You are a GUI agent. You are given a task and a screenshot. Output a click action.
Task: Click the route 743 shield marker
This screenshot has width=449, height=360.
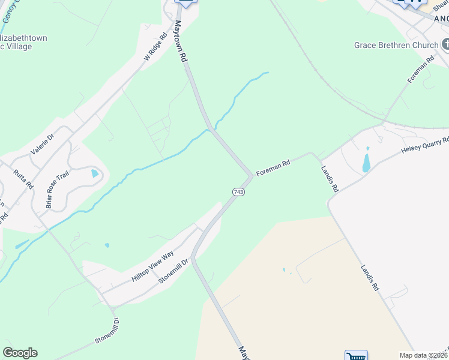click(x=238, y=191)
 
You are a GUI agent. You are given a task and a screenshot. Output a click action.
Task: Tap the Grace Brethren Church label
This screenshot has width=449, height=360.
click(x=396, y=45)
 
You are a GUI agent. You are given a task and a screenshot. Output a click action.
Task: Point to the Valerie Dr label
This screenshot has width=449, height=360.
click(x=42, y=145)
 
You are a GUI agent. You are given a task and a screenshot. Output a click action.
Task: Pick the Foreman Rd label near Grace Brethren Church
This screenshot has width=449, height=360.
click(x=421, y=70)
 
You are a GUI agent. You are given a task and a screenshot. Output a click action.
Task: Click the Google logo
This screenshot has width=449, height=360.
click(x=20, y=353)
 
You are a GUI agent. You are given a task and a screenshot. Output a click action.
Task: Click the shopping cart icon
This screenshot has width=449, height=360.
click(x=356, y=356)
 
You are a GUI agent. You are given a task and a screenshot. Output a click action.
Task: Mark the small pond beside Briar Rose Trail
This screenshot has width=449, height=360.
click(x=94, y=173)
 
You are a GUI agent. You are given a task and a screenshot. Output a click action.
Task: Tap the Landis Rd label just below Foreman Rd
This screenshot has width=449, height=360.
click(x=330, y=179)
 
